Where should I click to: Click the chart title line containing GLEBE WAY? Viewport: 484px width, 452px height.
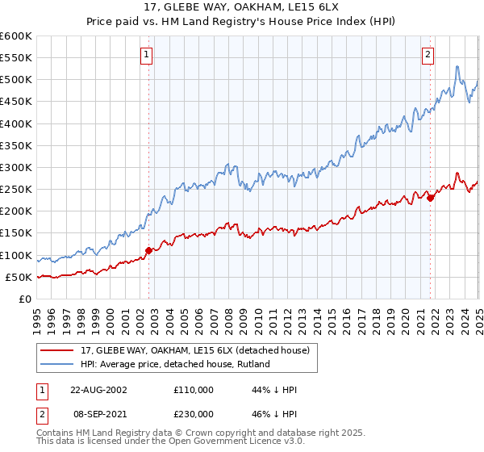[x=242, y=7]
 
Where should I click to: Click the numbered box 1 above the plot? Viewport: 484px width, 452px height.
[x=147, y=55]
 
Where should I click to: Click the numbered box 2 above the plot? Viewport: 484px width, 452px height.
[x=427, y=55]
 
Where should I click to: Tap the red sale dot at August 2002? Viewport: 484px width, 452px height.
[x=149, y=250]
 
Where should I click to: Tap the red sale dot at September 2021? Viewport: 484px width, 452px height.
[x=431, y=197]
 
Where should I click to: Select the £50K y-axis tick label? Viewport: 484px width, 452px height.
[x=19, y=277]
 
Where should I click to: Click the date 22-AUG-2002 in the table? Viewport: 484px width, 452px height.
[x=98, y=390]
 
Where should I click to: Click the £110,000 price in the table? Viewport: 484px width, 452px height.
[x=192, y=390]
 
